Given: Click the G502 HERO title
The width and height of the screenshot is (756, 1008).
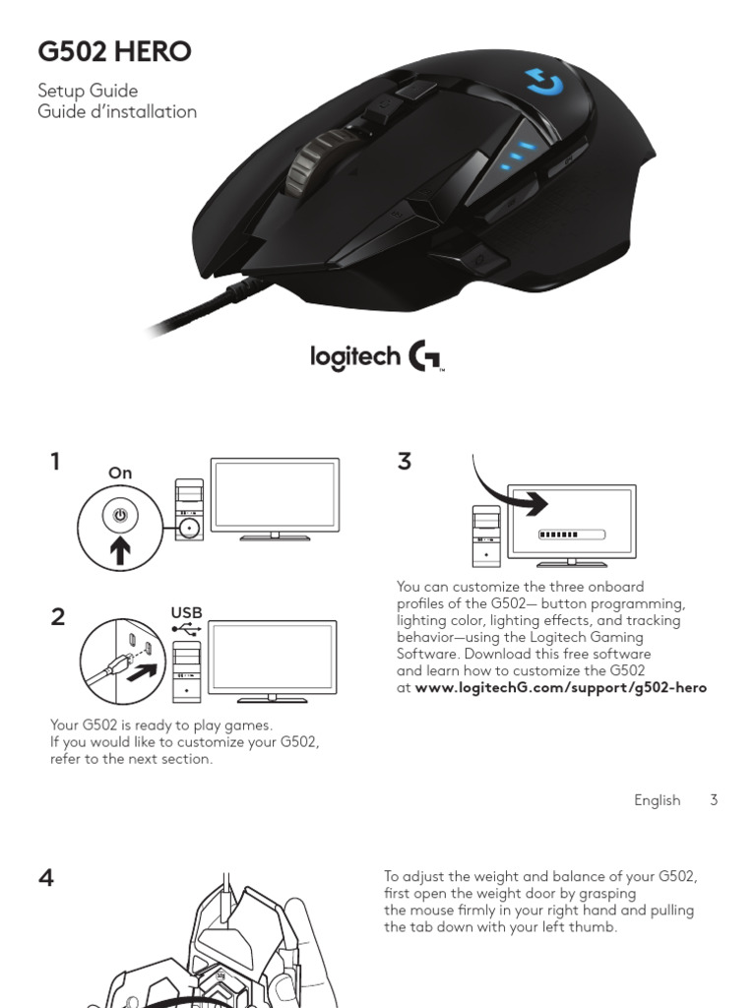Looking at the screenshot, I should click(x=114, y=51).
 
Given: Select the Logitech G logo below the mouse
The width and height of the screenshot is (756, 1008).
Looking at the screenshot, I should click(x=379, y=355).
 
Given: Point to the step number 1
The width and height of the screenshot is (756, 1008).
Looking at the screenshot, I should click(x=56, y=461).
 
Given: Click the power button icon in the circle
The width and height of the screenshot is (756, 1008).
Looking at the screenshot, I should click(x=120, y=515).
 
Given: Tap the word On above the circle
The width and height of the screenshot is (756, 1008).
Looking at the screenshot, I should click(x=120, y=473).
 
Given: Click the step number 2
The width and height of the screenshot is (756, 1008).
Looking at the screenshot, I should click(x=57, y=617).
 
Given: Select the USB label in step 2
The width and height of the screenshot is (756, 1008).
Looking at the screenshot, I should click(x=186, y=612).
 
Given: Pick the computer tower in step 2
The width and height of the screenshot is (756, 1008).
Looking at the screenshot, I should click(x=186, y=671).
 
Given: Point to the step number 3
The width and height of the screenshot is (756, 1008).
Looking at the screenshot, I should click(x=405, y=461).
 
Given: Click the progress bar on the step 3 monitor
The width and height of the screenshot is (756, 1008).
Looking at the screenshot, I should click(x=571, y=535).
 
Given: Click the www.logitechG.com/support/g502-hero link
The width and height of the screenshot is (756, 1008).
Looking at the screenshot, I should click(x=560, y=687).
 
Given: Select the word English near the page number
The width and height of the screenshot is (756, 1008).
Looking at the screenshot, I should click(x=657, y=800).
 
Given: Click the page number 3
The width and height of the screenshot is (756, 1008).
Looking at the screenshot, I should click(x=714, y=800).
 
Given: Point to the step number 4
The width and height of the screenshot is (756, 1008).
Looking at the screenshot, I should click(x=46, y=877).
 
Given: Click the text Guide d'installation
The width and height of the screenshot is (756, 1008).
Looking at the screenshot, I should click(x=117, y=111).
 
